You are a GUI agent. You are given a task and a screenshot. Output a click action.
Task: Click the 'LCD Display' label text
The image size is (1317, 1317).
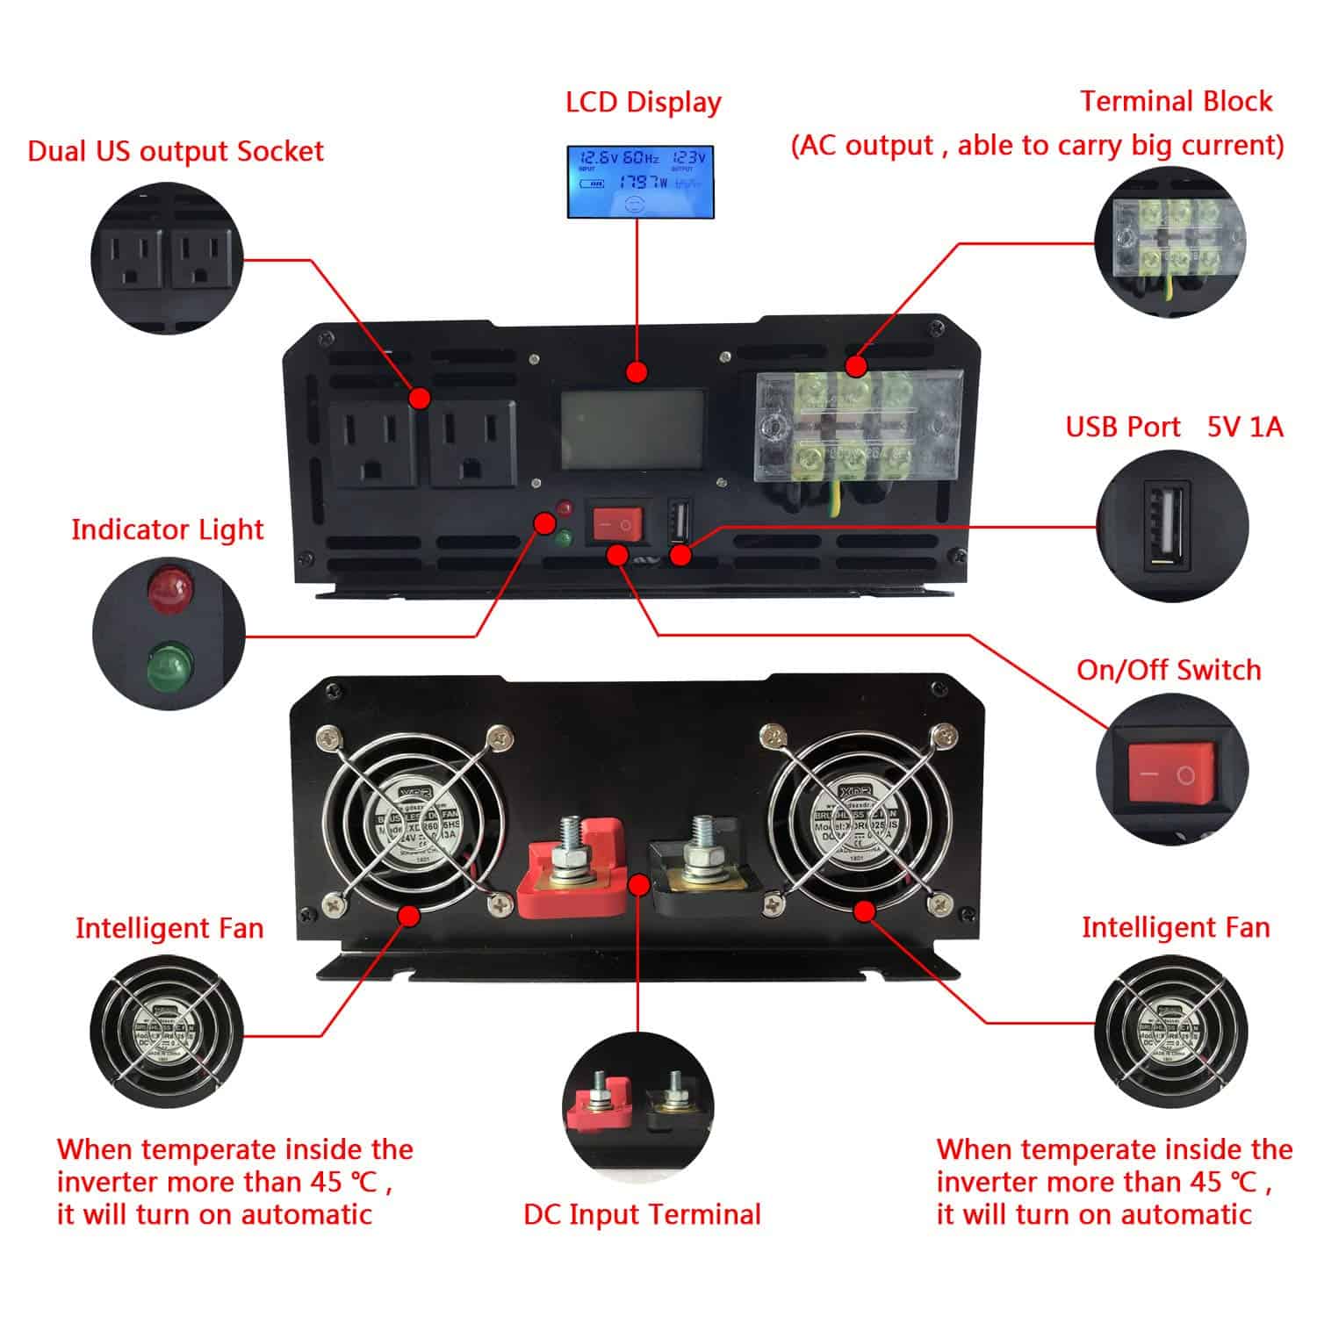643,102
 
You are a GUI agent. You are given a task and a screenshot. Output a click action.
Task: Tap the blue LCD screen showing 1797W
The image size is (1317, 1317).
637,182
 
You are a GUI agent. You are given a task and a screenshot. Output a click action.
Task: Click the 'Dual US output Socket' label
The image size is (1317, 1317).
176,151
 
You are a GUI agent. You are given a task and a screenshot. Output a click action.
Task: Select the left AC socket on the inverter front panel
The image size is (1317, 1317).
372,443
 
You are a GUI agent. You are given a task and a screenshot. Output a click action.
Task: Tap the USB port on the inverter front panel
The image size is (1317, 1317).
680,523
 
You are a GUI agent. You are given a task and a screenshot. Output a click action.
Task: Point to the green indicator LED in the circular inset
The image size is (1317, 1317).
169,665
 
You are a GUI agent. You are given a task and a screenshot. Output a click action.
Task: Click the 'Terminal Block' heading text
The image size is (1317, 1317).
1176,102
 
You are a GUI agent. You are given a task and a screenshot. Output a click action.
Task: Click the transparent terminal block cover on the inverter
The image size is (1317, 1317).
859,425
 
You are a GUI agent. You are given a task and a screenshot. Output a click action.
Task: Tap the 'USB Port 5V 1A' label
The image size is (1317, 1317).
1174,427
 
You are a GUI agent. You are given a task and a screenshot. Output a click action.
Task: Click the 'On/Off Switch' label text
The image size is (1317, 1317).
1169,670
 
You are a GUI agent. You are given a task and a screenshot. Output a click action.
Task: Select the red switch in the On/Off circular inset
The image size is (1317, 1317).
1172,774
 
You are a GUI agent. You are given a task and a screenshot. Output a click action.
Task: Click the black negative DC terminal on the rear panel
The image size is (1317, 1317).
700,865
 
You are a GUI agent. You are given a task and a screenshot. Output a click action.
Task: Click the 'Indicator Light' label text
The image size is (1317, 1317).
167,529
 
